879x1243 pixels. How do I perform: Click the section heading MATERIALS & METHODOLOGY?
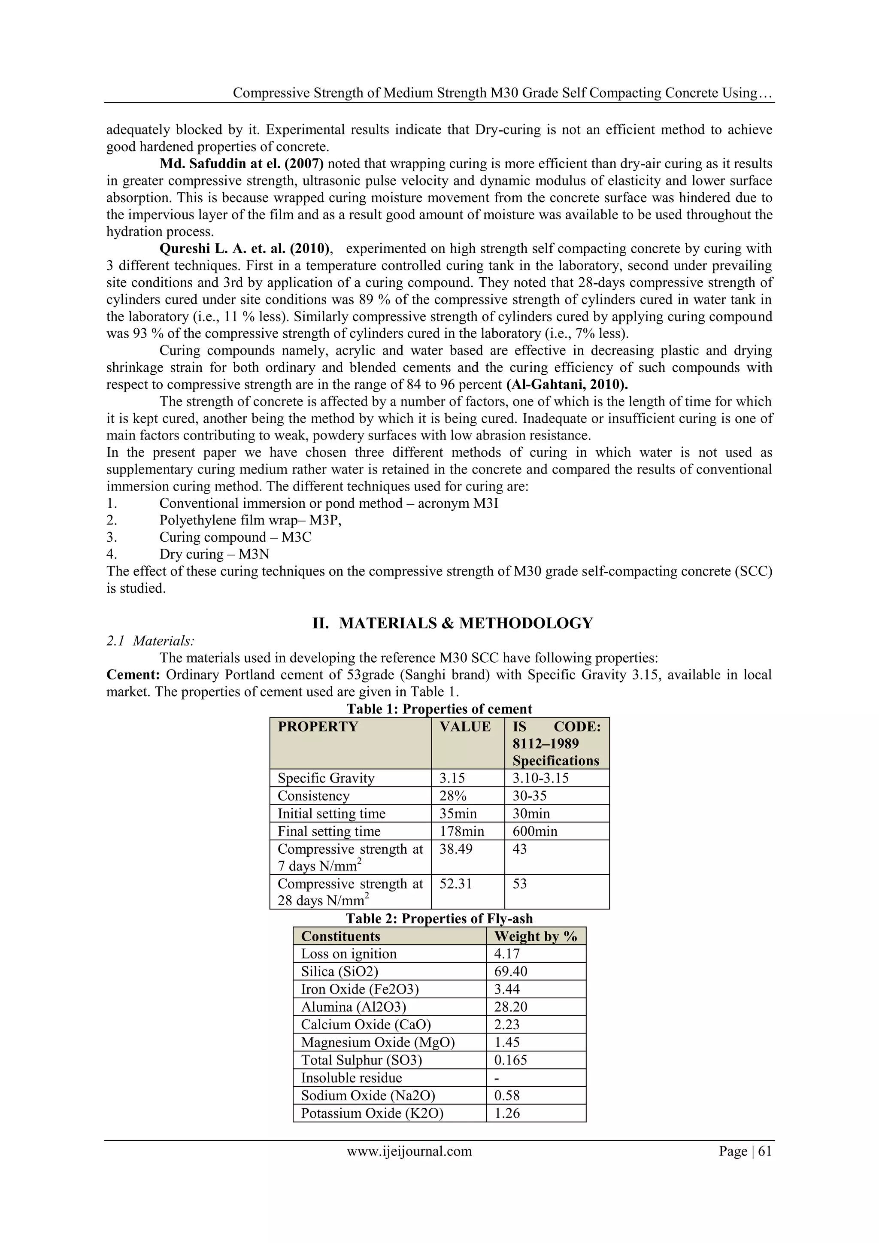pos(466,623)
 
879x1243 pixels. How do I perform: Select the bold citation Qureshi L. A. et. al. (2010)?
pos(245,249)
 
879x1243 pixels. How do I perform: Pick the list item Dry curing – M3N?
pos(214,555)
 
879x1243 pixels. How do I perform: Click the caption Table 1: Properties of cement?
pos(439,709)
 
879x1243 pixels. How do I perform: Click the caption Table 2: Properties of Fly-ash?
pos(439,919)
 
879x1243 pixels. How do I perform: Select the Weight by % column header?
pos(535,937)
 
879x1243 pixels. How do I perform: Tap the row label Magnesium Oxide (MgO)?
pos(378,1043)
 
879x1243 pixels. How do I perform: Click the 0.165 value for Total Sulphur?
pos(510,1060)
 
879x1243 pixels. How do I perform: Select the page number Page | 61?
pos(745,1152)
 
